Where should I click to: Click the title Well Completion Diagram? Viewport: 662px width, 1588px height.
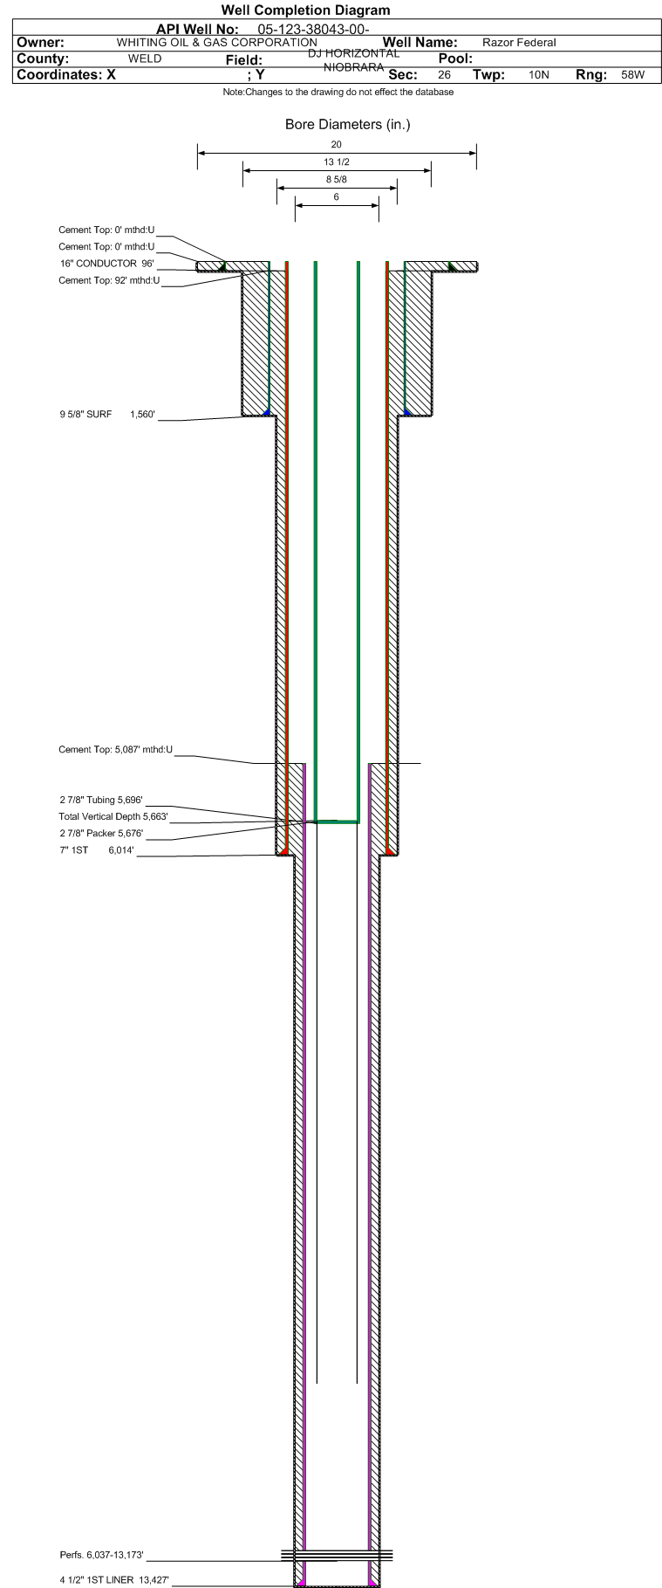tap(305, 10)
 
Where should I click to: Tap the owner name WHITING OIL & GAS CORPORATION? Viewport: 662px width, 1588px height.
tap(217, 43)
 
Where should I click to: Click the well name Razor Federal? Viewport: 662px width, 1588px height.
tap(519, 43)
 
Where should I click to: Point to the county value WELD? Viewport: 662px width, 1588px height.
tap(145, 58)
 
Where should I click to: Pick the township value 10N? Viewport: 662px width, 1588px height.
tap(539, 75)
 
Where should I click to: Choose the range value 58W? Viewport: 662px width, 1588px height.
tap(633, 75)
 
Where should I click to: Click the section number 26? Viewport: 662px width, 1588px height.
tap(445, 75)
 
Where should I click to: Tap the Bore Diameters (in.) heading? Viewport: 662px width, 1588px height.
tap(347, 124)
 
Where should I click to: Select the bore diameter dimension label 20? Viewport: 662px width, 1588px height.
tap(337, 144)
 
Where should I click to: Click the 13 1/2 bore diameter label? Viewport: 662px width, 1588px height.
tap(337, 162)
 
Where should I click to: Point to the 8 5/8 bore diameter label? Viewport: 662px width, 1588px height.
tap(337, 180)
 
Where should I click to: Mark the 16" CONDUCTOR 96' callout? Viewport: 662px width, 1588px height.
tap(106, 264)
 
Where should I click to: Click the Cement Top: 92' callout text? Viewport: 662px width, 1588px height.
tap(109, 280)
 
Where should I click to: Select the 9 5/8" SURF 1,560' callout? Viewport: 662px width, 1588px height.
tap(107, 415)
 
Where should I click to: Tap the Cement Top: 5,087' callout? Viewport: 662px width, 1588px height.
tap(116, 749)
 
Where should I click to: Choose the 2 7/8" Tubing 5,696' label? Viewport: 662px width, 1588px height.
tap(100, 800)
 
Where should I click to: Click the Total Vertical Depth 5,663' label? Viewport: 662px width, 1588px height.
tap(113, 817)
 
